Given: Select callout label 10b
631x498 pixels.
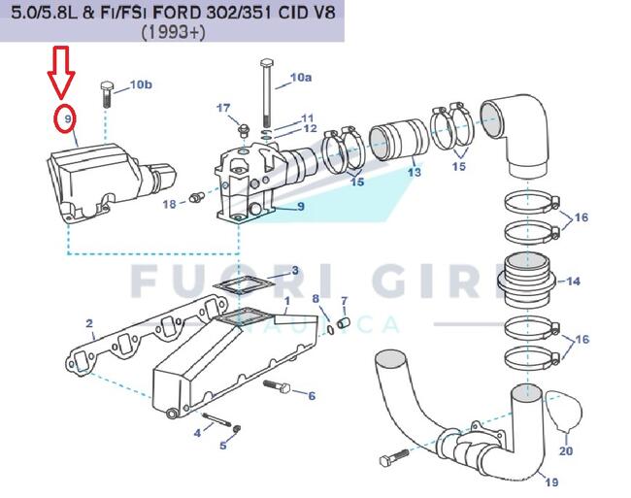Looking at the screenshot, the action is tap(141, 84).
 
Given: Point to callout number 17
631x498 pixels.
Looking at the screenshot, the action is tap(223, 108).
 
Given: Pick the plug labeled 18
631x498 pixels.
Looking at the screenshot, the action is tap(197, 197).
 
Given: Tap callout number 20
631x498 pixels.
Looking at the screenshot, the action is tap(566, 450).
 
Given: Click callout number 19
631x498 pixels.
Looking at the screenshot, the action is tap(551, 481).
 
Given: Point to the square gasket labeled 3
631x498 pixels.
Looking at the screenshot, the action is tap(245, 286).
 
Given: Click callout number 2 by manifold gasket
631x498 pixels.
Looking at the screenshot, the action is tap(89, 323).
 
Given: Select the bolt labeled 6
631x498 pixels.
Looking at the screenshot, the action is tap(277, 386).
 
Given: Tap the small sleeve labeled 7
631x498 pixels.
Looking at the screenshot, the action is tap(344, 322).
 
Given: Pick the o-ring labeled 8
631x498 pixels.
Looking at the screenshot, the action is tap(330, 329).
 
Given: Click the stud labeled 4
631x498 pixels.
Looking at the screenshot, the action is tap(217, 419).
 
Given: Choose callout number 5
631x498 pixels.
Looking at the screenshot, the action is tap(223, 445).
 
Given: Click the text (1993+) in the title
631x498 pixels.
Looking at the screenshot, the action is tap(173, 33).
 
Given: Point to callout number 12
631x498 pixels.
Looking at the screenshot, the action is tap(310, 128).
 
